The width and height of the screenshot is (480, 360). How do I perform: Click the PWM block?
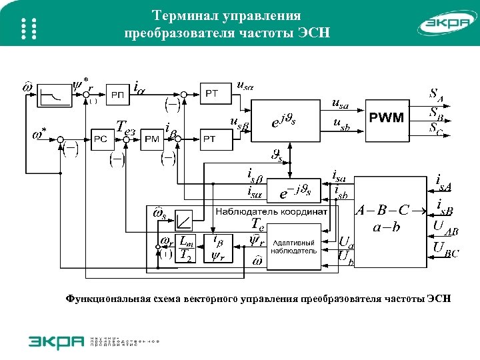[387, 119]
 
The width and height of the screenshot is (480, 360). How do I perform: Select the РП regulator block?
[117, 95]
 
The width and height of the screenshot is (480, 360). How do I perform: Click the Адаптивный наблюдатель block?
[294, 247]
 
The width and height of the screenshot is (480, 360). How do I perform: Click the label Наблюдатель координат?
[271, 211]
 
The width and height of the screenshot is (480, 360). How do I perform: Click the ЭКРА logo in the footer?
[56, 341]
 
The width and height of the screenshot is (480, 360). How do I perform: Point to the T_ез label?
[126, 127]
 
